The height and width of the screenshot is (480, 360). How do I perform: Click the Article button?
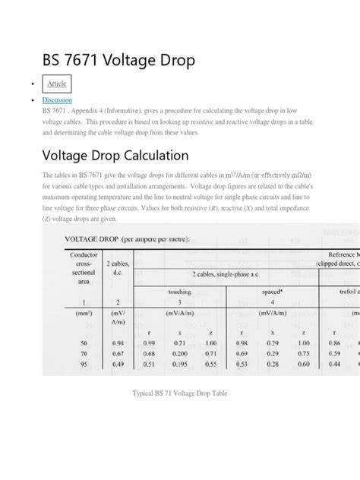pos(58,83)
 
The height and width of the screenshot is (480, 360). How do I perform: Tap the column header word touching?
pos(179,291)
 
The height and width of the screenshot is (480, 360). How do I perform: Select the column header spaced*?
pos(272,291)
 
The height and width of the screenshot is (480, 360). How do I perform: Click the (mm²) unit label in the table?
pos(81,312)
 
